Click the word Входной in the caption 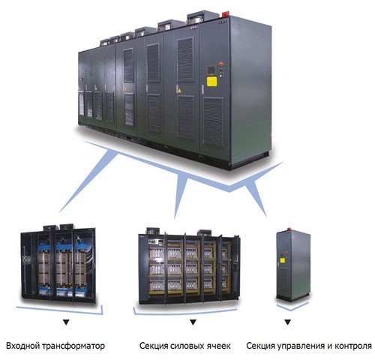coord(22,346)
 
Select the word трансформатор coord(73,346)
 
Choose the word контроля coord(353,346)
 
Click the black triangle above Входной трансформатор coord(66,322)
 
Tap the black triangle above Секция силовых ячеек coord(193,322)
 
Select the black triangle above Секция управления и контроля coord(288,322)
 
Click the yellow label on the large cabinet coord(211,82)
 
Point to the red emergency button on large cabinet coord(220,64)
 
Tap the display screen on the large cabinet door coord(210,70)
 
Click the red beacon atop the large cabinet coord(224,13)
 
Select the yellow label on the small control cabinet coord(282,260)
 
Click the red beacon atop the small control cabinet coord(289,229)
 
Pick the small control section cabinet coord(293,265)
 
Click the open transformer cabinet coord(58,264)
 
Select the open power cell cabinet coord(189,266)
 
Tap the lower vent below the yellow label coord(213,121)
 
